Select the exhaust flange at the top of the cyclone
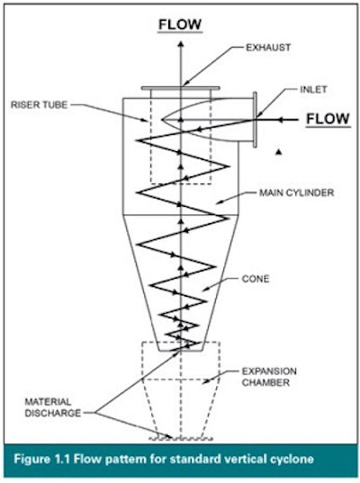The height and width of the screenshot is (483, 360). tap(180, 87)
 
